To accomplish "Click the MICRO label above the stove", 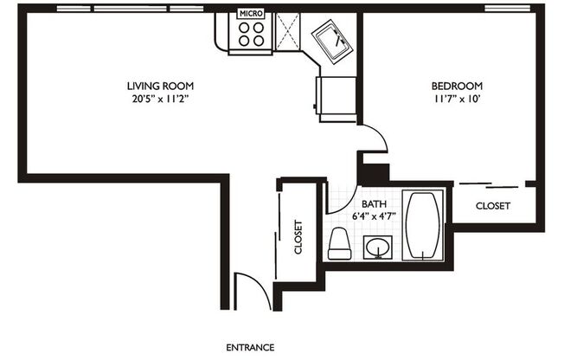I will [x=251, y=15].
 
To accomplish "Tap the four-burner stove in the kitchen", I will [x=252, y=34].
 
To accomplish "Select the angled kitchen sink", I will [x=331, y=40].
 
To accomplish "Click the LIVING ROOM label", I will [x=160, y=86].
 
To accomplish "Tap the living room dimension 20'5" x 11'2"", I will [x=160, y=99].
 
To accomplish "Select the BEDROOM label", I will [x=457, y=86].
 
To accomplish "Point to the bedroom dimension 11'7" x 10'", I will [x=457, y=99].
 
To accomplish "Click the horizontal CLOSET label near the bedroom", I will [x=493, y=207].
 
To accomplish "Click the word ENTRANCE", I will [x=250, y=347].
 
